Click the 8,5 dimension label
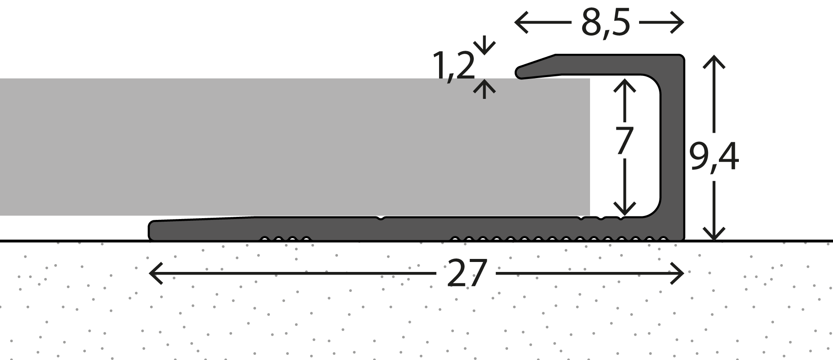coord(605,23)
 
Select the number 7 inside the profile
coord(625,141)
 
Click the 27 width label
coord(466,273)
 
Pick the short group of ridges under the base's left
coord(285,238)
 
